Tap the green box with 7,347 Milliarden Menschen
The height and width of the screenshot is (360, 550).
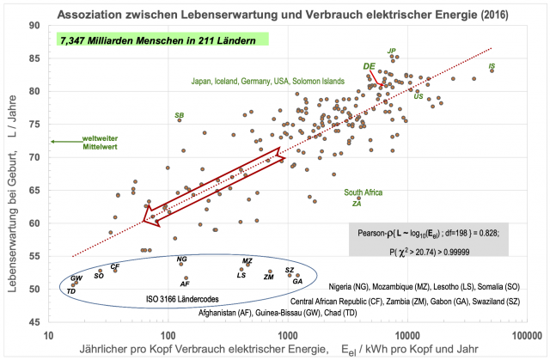click(162, 40)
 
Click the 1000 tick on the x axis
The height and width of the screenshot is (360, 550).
click(286, 334)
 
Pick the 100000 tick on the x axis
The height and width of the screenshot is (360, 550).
click(522, 334)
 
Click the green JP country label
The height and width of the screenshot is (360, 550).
click(392, 51)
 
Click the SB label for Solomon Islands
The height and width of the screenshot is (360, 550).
click(179, 114)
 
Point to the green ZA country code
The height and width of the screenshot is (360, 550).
click(357, 204)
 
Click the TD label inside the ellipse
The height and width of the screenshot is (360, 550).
click(71, 290)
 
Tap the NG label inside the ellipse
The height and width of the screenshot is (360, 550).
click(181, 259)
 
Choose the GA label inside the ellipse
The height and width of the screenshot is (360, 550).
click(297, 281)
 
